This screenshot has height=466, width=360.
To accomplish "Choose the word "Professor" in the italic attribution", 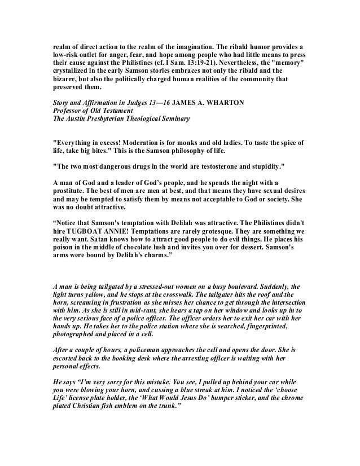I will click(x=65, y=112).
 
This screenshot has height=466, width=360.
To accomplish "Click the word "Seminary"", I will click(x=178, y=120).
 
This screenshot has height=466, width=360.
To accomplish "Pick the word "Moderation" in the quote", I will click(x=139, y=144).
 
